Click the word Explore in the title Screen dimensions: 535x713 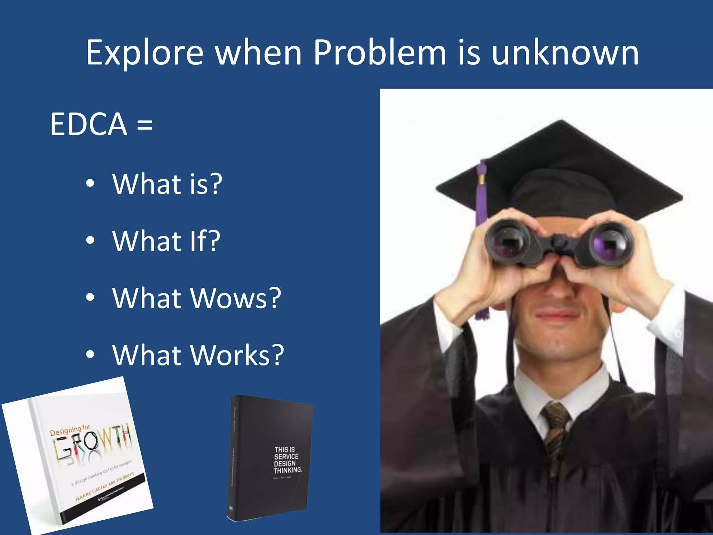click(x=144, y=53)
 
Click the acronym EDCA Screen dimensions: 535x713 click(x=88, y=124)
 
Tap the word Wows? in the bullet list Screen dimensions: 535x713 click(x=236, y=298)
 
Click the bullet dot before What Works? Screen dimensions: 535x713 click(x=90, y=354)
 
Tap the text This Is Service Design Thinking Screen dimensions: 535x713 click(x=287, y=460)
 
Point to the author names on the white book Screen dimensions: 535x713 click(x=104, y=487)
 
